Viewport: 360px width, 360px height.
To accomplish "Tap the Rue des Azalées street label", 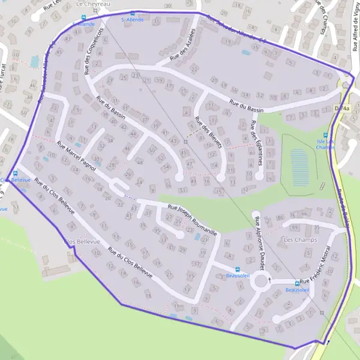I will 184,45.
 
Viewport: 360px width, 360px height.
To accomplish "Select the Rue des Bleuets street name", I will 211,133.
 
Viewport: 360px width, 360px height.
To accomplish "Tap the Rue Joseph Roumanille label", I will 191,220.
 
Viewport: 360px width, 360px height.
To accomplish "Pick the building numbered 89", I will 294,227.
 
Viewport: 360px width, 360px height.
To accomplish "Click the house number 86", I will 293,215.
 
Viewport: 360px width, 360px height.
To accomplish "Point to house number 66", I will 304,214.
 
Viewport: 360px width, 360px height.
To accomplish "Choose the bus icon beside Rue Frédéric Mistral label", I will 297,283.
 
